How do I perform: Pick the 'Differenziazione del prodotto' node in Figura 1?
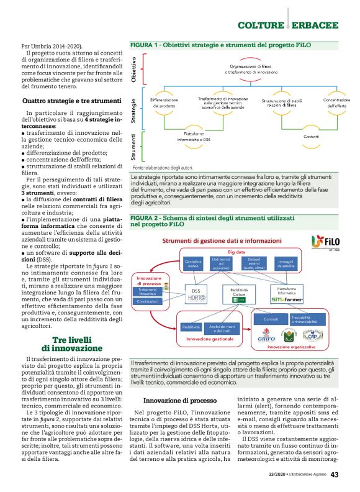pos(164,103)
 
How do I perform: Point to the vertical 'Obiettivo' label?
pos(134,68)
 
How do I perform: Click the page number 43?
pos(334,476)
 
